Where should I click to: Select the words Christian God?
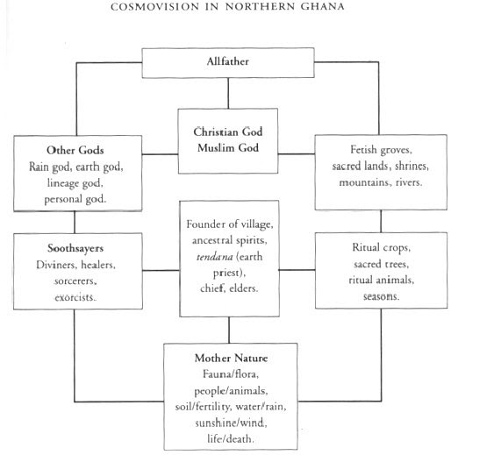point(227,131)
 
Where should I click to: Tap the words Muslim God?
point(227,146)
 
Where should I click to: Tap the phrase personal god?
point(74,200)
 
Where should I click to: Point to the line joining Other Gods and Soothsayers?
point(74,221)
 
